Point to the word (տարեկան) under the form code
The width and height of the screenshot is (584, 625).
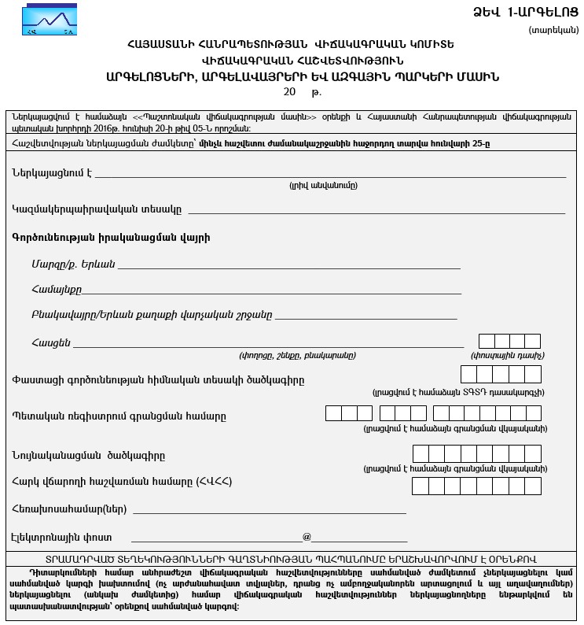[553, 30]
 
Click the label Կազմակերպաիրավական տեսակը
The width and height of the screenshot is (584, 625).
[97, 210]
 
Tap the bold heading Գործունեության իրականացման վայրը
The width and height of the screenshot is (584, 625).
[111, 237]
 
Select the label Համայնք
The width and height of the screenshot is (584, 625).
[57, 290]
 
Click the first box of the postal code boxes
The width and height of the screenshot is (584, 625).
[487, 341]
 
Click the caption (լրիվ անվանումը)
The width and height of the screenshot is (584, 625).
[323, 186]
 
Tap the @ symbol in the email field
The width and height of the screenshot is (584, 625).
[307, 538]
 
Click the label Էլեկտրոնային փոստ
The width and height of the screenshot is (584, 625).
[61, 538]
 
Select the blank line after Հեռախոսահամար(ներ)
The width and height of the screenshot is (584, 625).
[270, 509]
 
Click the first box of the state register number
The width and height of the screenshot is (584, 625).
[333, 413]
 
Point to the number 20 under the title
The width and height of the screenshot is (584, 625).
[289, 92]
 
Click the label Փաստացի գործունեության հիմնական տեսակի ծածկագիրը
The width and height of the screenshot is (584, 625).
[158, 380]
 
